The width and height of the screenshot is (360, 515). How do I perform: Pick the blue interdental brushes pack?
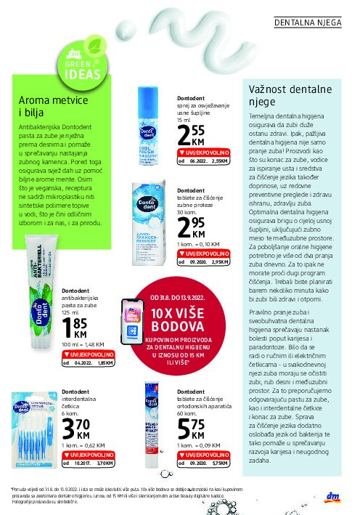click(40, 436)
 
